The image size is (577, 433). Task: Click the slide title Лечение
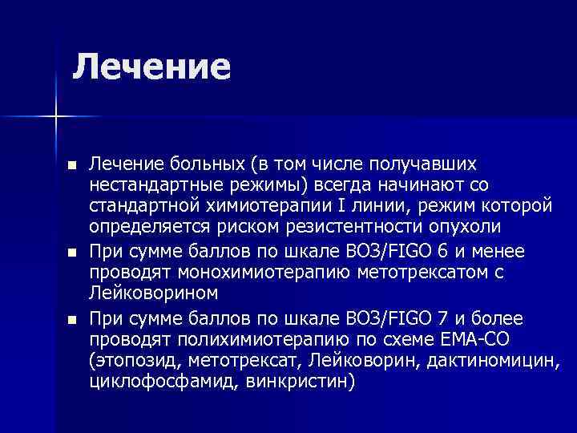click(x=151, y=67)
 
